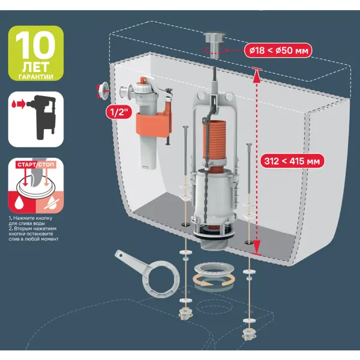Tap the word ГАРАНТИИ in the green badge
tap(36, 77)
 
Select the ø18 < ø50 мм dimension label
tap(278, 50)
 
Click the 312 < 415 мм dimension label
tap(292, 161)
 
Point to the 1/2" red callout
tap(119, 112)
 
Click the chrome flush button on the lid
tap(214, 44)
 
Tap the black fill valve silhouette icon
tap(43, 118)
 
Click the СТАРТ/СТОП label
tap(36, 164)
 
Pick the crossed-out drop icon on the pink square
tap(52, 203)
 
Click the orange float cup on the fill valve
tap(154, 124)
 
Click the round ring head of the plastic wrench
tap(160, 278)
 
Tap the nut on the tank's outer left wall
tap(103, 91)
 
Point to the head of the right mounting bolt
tap(249, 145)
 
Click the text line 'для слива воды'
tap(27, 223)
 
